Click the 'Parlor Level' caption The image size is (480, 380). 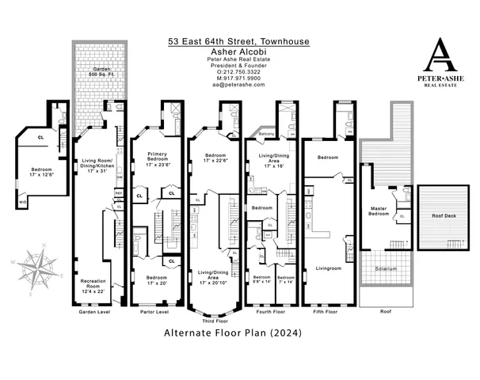tap(154, 312)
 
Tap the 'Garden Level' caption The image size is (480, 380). tap(95, 312)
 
